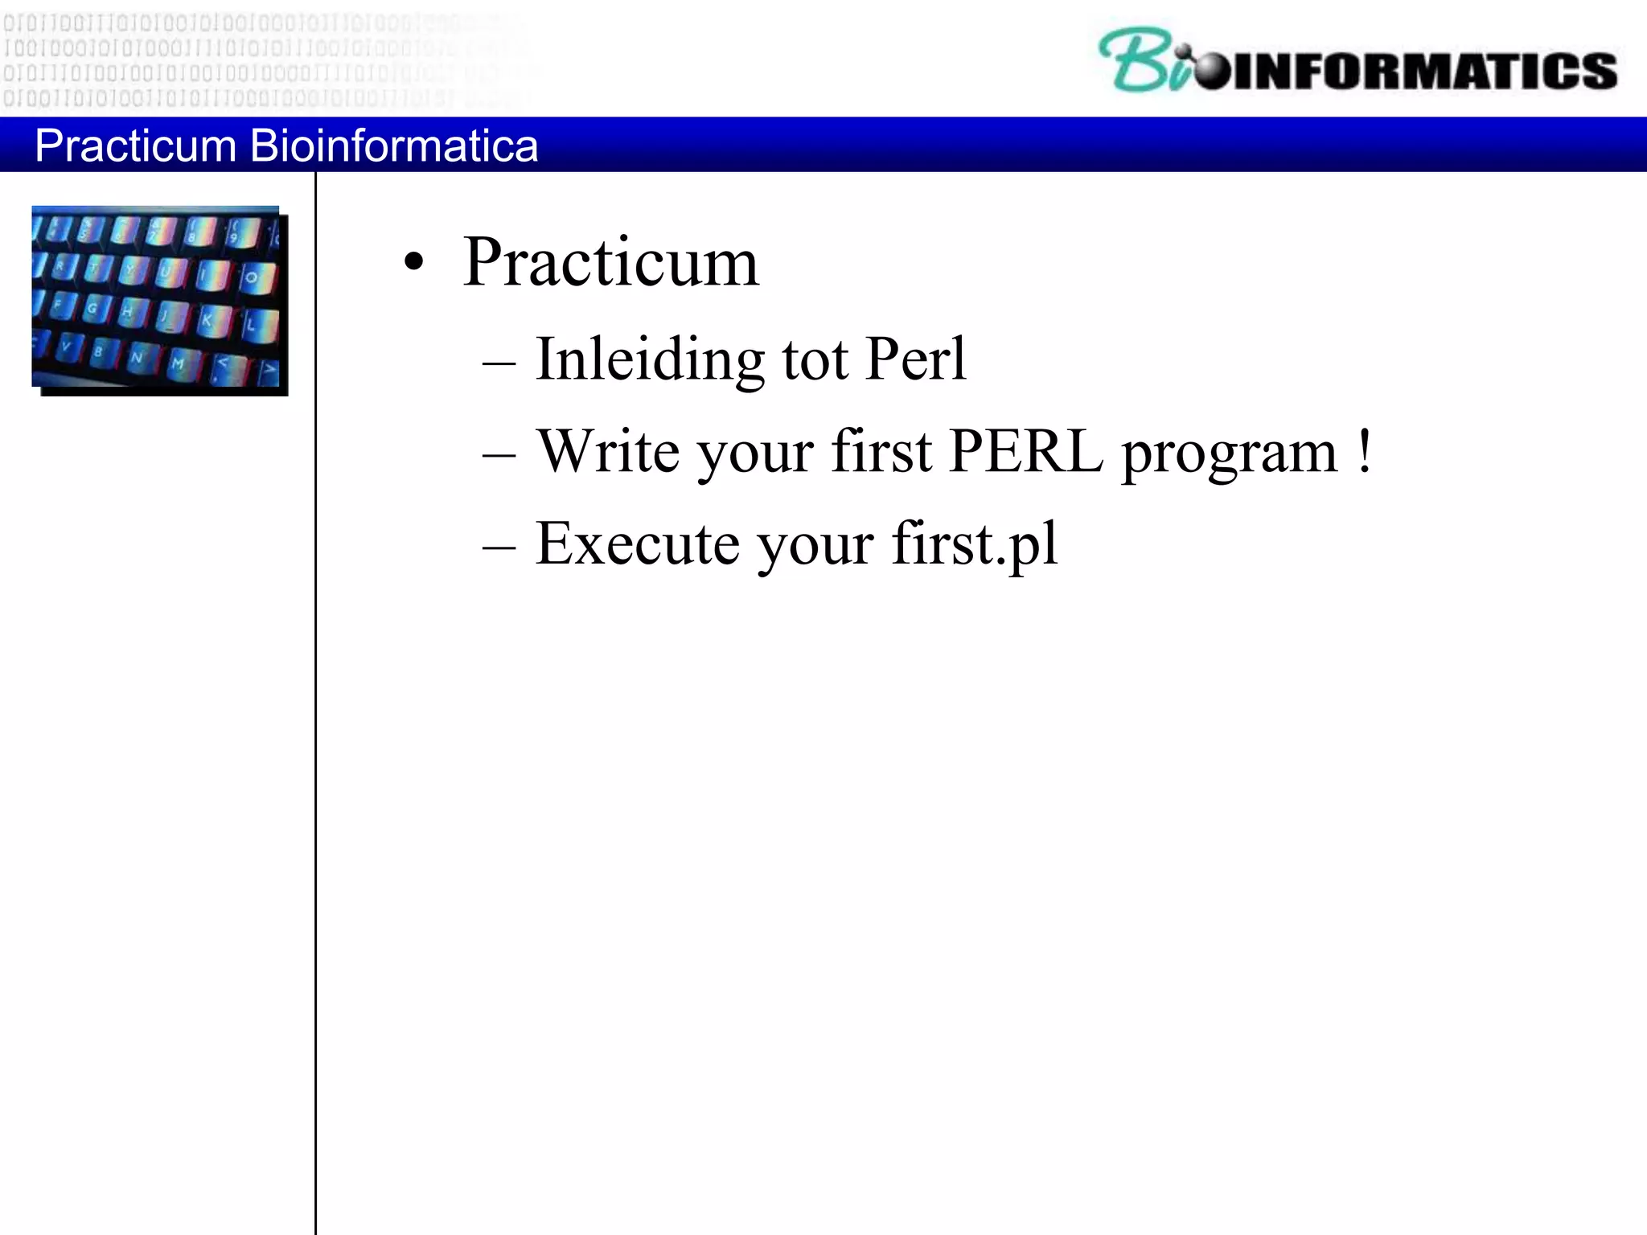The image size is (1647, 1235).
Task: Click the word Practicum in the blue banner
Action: click(135, 146)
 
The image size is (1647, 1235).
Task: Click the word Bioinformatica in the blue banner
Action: click(393, 146)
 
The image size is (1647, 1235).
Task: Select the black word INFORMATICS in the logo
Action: click(1423, 71)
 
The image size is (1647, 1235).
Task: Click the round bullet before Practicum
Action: click(413, 262)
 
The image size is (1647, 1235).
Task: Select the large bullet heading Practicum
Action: click(610, 262)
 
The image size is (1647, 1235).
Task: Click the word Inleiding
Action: click(650, 359)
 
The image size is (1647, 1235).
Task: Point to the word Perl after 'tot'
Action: click(916, 359)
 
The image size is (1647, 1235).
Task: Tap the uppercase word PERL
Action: click(1026, 451)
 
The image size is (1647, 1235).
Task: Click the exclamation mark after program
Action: click(1364, 451)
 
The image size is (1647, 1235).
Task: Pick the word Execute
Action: click(637, 544)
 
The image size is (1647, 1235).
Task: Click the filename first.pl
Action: click(975, 544)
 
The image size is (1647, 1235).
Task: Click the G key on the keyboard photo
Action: click(93, 308)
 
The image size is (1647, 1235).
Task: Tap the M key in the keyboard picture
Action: click(179, 363)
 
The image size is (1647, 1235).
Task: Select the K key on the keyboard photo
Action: click(207, 319)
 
